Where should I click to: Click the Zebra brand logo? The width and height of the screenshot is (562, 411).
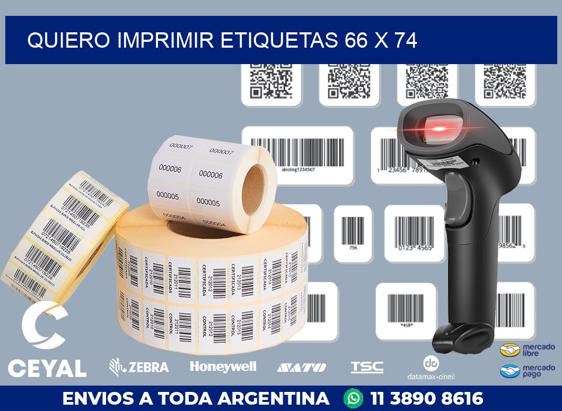pyautogui.click(x=139, y=366)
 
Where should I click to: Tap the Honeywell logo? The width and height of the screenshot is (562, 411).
pyautogui.click(x=223, y=367)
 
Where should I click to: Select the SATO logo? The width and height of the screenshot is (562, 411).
pyautogui.click(x=301, y=367)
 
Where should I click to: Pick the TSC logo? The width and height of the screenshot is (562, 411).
pyautogui.click(x=367, y=367)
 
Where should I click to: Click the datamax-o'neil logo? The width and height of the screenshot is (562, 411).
pyautogui.click(x=431, y=368)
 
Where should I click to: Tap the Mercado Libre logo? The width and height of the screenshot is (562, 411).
pyautogui.click(x=527, y=350)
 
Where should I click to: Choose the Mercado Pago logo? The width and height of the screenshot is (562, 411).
pyautogui.click(x=527, y=371)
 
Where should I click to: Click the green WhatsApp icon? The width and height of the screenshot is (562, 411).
pyautogui.click(x=353, y=398)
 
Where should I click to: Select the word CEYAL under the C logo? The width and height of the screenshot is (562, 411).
pyautogui.click(x=47, y=368)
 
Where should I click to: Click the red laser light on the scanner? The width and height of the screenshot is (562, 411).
pyautogui.click(x=438, y=128)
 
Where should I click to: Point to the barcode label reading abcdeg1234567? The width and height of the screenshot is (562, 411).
pyautogui.click(x=297, y=154)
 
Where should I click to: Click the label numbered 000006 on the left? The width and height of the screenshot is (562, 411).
pyautogui.click(x=170, y=168)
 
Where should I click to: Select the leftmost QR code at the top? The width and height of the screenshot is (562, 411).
pyautogui.click(x=271, y=82)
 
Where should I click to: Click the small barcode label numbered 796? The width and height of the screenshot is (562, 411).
pyautogui.click(x=353, y=233)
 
